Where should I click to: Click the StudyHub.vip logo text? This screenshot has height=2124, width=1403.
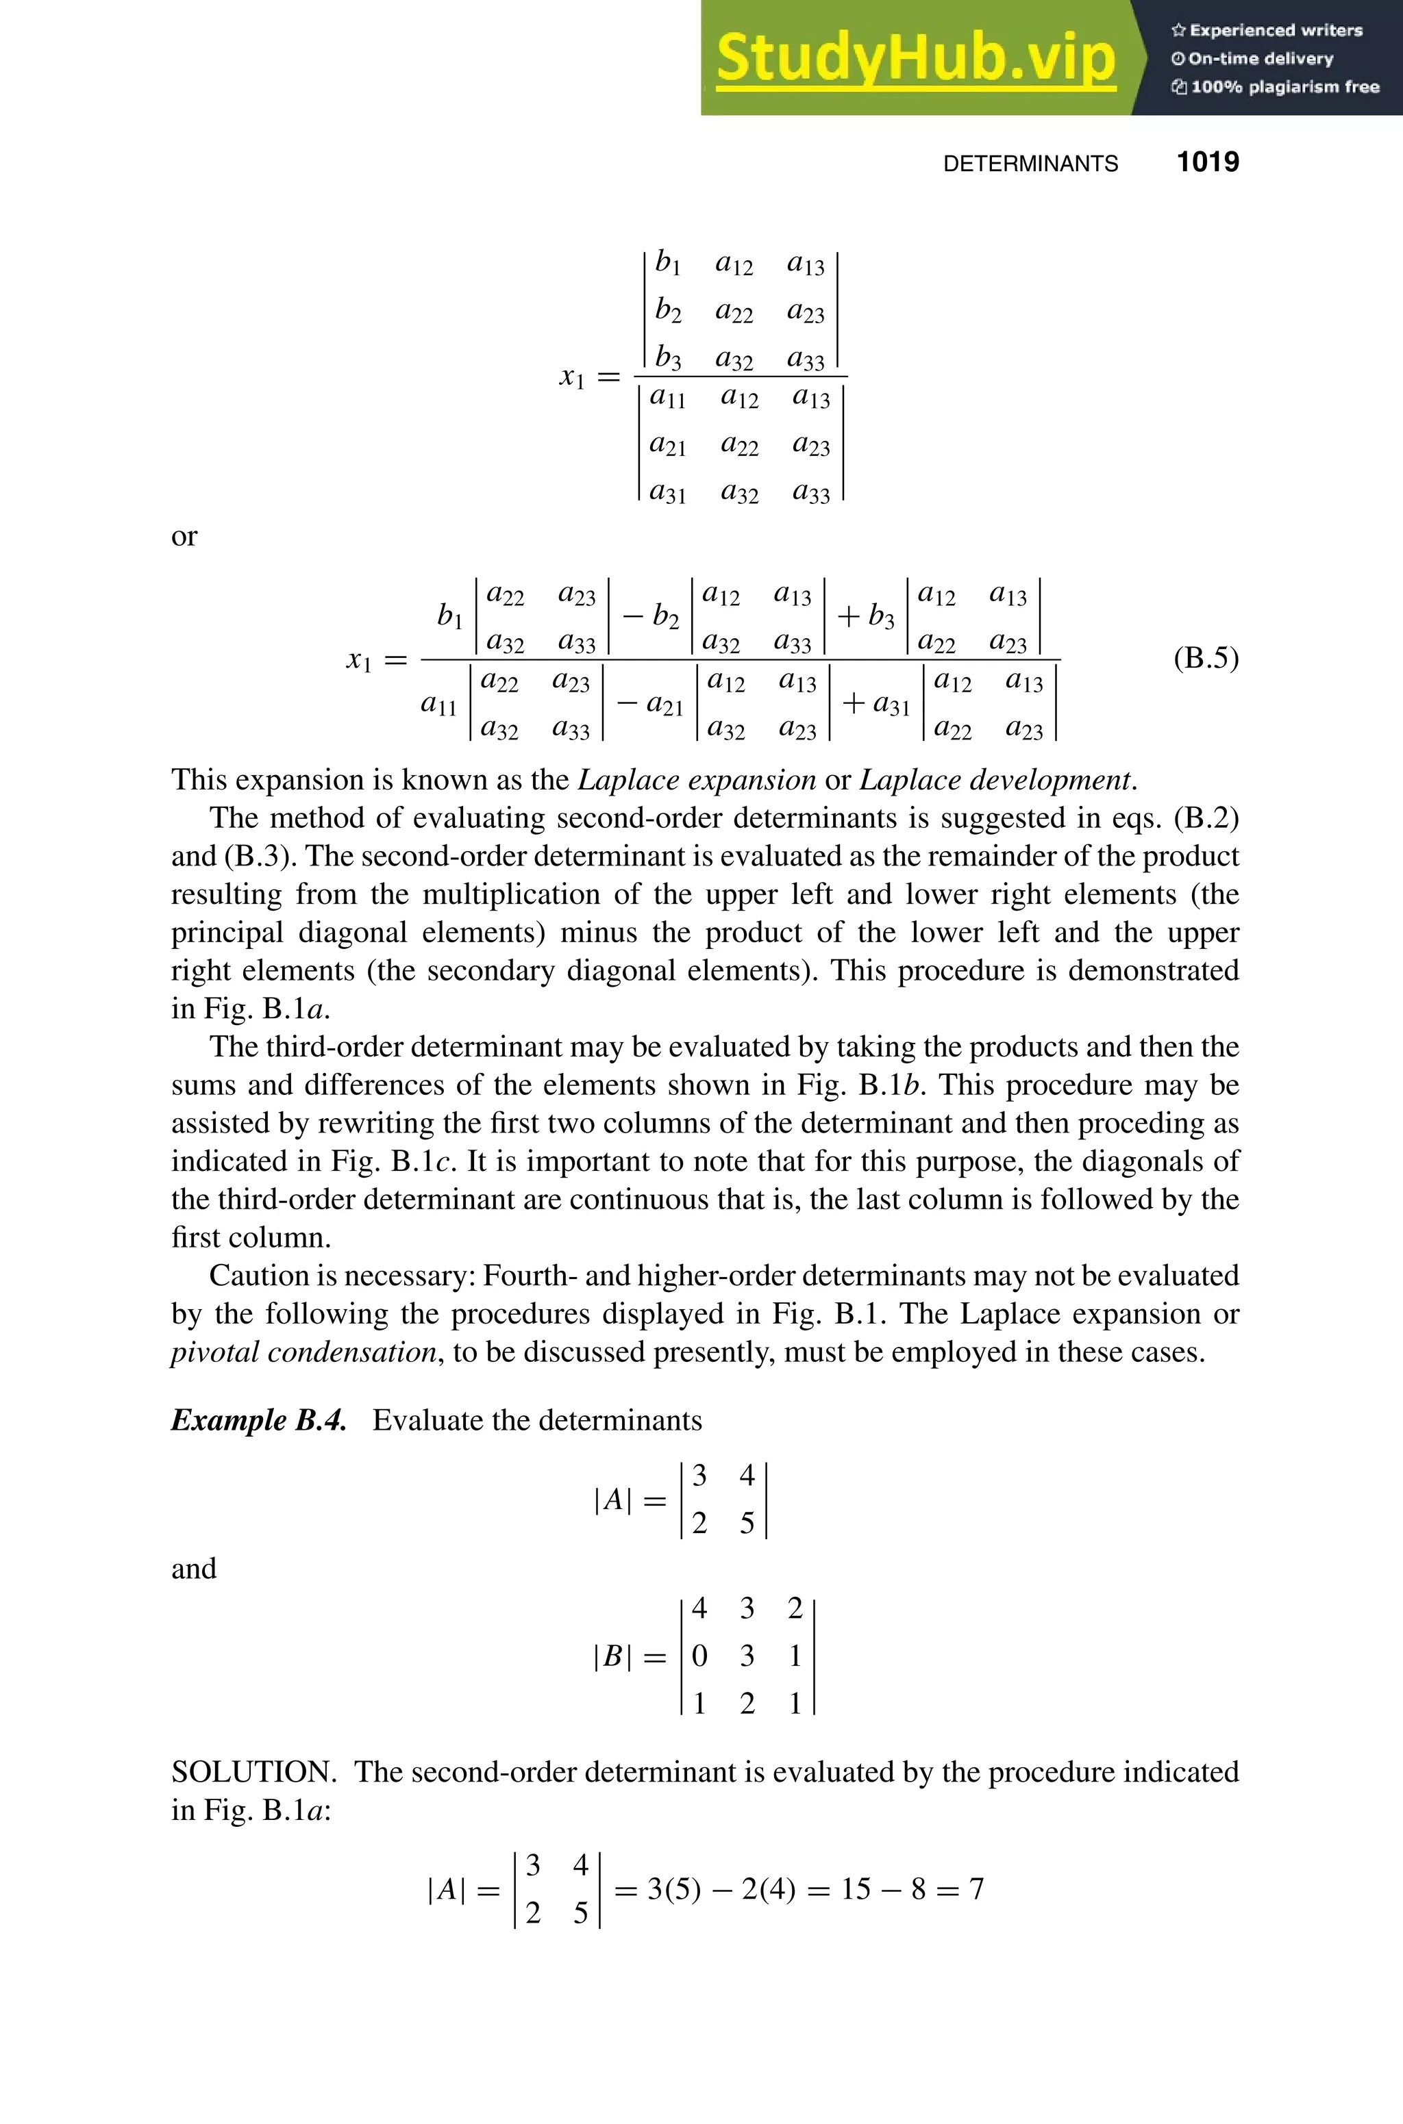(915, 58)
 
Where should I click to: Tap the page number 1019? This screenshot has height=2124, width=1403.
(1207, 162)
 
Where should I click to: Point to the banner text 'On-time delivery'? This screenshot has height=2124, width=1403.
(1260, 59)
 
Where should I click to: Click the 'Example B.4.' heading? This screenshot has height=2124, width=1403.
(258, 1420)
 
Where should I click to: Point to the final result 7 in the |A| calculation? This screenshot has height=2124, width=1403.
(976, 1888)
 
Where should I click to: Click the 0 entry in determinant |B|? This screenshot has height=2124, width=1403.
(699, 1656)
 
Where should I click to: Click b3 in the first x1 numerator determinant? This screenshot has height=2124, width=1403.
(667, 357)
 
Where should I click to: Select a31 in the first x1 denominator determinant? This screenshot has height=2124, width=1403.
(667, 492)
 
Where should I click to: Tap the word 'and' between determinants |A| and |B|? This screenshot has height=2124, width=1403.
(193, 1568)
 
